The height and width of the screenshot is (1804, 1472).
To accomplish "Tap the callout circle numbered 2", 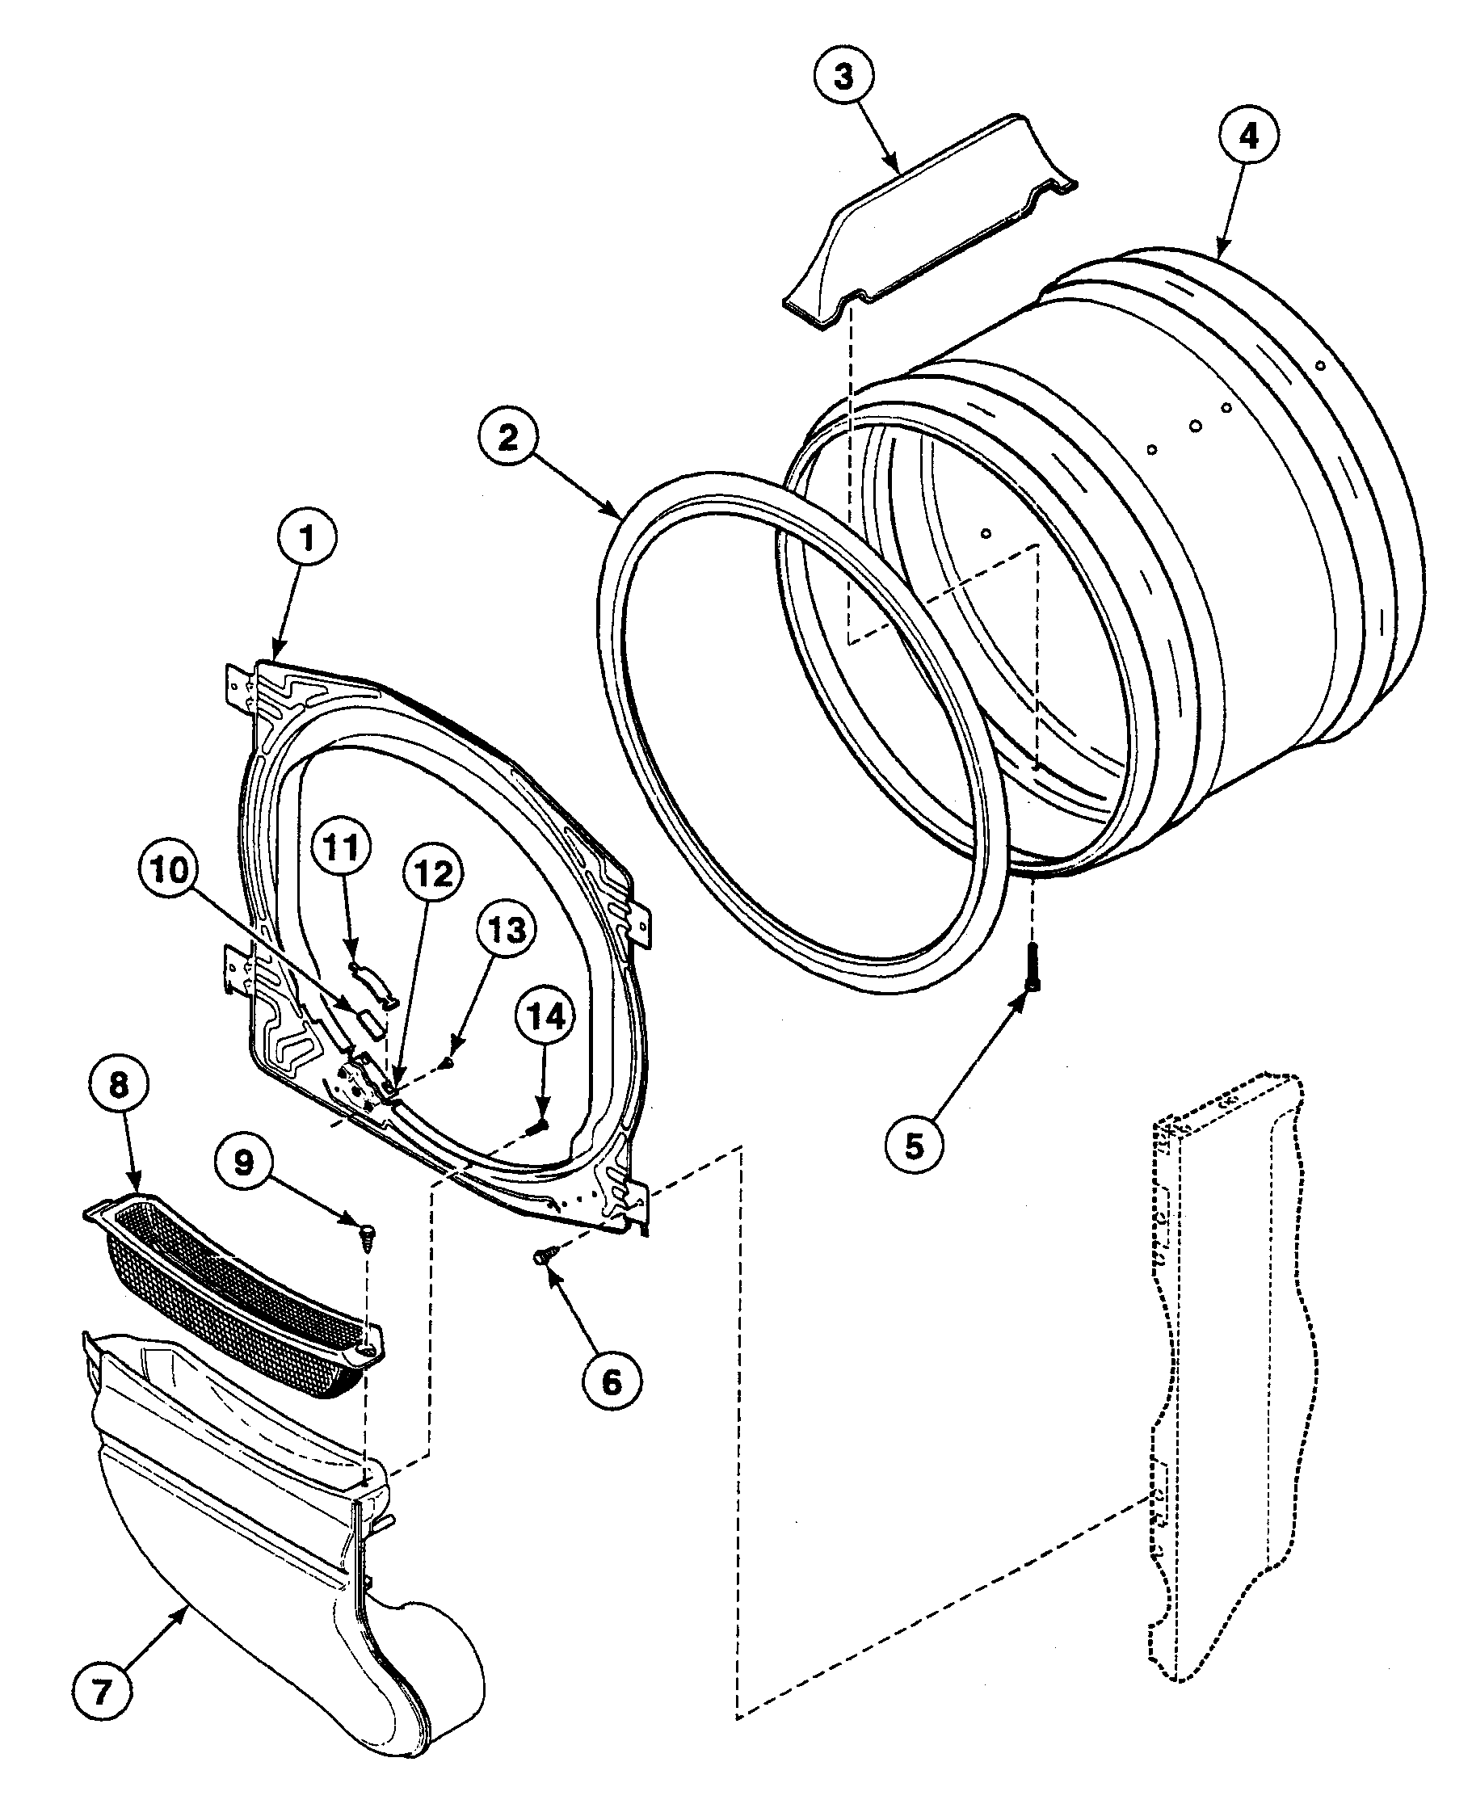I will [x=508, y=439].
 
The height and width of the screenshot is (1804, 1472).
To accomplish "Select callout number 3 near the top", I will [x=843, y=77].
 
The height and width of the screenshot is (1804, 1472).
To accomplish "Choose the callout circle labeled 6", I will [x=612, y=1381].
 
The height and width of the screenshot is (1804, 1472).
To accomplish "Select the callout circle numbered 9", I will [x=244, y=1163].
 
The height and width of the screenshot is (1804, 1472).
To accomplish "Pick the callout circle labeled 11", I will [x=342, y=847].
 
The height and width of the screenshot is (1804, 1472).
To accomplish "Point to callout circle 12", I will [x=433, y=874].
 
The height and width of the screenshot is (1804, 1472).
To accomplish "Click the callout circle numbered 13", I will [x=506, y=930].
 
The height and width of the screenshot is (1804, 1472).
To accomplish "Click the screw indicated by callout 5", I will [x=1032, y=968].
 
